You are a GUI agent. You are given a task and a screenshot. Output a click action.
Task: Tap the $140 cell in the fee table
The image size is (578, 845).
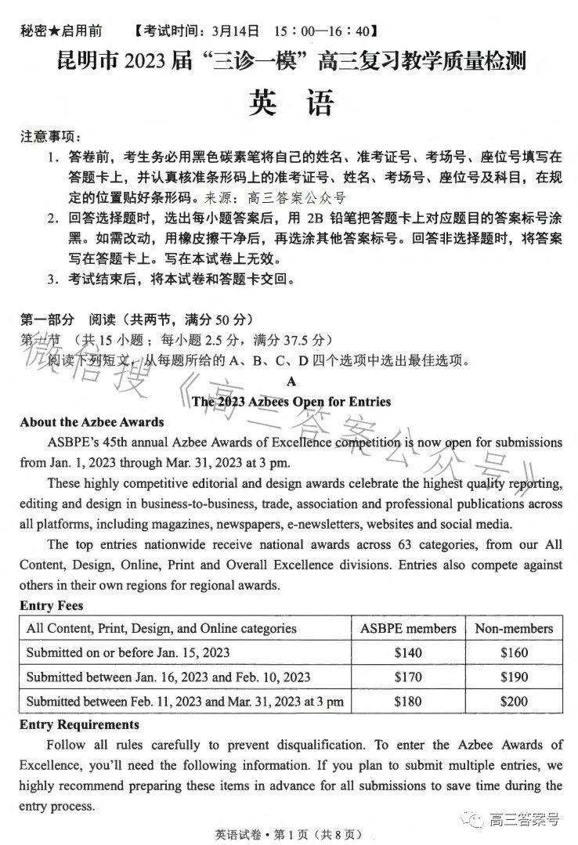(407, 652)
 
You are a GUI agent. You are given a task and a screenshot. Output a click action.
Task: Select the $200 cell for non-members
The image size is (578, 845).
(514, 701)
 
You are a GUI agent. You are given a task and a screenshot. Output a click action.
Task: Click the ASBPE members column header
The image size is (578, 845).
(407, 628)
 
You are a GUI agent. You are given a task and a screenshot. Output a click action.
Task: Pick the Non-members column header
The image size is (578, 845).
(514, 628)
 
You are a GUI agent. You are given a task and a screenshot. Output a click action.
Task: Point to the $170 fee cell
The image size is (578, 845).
(407, 677)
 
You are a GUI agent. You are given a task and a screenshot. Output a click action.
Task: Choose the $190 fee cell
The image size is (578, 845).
(514, 677)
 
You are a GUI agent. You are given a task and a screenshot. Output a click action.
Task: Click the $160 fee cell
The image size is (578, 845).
(514, 652)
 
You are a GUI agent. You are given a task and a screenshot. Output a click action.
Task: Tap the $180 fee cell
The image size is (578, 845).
(407, 701)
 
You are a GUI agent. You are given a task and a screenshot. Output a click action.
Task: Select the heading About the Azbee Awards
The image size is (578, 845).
(92, 422)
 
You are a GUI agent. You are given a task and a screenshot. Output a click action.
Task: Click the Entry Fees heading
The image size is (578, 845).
(52, 605)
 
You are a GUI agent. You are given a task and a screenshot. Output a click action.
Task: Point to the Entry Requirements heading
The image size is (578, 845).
(79, 724)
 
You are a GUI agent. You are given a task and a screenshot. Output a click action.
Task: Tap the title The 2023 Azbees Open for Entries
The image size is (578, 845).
(291, 402)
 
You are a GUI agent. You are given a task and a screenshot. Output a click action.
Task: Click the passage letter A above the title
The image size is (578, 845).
(291, 381)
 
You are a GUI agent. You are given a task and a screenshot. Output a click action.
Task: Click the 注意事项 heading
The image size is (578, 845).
(51, 137)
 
